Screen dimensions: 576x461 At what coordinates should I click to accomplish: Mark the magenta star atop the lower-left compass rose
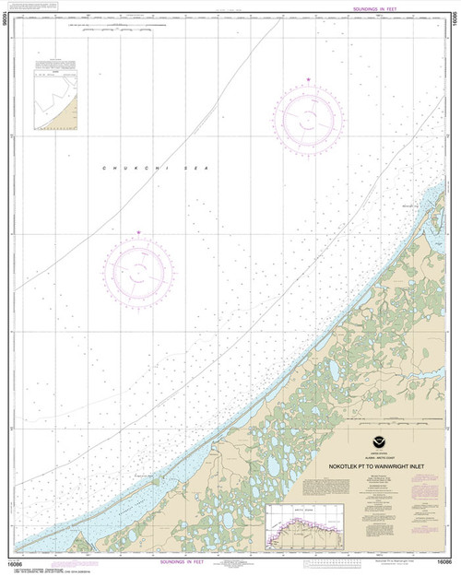click(x=139, y=232)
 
